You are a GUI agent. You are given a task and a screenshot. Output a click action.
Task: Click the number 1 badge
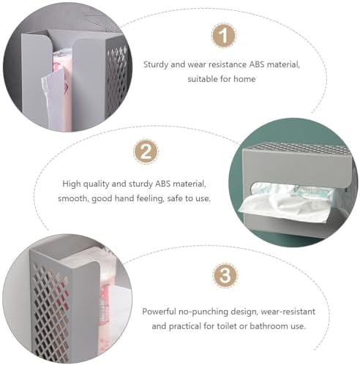pyautogui.click(x=223, y=35)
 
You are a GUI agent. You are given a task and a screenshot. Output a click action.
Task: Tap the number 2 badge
pyautogui.click(x=146, y=151)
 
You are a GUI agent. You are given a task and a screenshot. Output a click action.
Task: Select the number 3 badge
pyautogui.click(x=225, y=276)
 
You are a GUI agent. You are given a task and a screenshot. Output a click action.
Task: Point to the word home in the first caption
pyautogui.click(x=244, y=79)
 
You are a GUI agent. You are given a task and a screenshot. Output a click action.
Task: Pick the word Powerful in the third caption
pyautogui.click(x=159, y=312)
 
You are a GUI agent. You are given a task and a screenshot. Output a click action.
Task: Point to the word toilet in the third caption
pyautogui.click(x=227, y=326)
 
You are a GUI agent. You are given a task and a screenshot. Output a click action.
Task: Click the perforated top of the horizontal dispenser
pyautogui.click(x=298, y=148)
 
